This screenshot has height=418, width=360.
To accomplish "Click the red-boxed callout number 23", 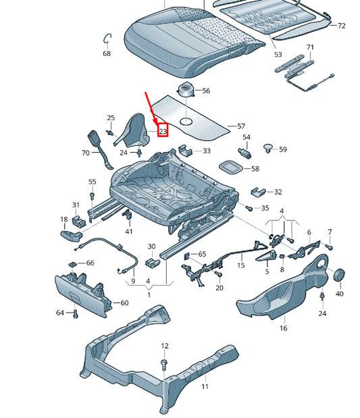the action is point(163,131).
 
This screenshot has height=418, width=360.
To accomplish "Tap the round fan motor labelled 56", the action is point(186,90).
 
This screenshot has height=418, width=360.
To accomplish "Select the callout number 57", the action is point(241,126).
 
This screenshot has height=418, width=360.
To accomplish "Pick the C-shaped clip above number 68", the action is point(107,38).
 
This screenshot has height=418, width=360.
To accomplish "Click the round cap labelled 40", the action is point(339,275).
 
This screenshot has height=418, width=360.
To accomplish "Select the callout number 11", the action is point(205,386).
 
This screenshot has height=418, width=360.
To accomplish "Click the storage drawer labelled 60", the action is point(83,293).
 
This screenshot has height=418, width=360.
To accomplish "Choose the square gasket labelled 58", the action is point(231,167).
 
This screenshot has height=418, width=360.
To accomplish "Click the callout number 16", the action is point(283,328).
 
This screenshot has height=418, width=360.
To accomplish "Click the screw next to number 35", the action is point(249,208).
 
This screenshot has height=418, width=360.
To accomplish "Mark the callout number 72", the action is point(341,26).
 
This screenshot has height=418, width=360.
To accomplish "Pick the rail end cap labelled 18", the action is point(71,236).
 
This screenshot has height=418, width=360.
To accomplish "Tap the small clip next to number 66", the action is point(73,264).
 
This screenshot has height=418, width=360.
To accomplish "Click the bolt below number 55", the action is point(92,196).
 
